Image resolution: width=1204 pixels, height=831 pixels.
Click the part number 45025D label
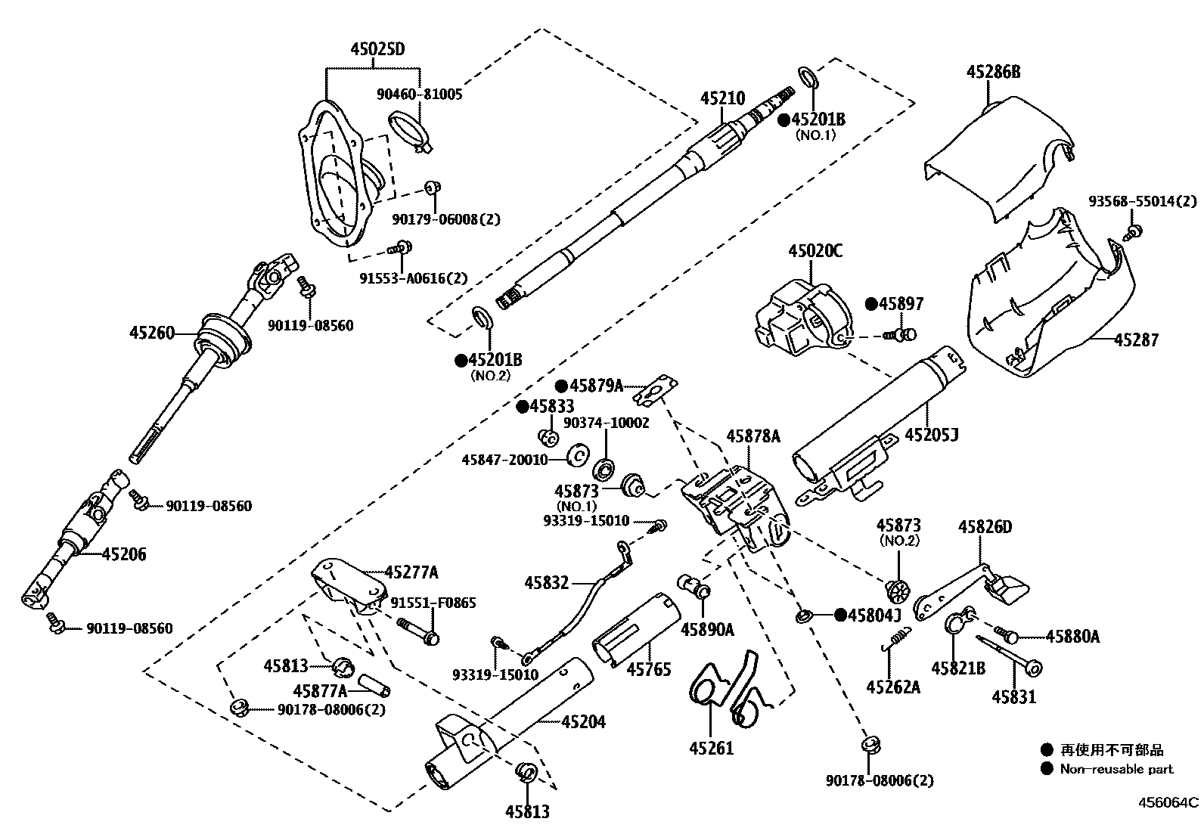[377, 50]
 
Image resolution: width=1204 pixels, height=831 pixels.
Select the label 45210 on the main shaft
[722, 98]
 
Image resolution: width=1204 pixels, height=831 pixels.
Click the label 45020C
[815, 250]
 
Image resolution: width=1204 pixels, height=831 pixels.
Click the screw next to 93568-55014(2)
[1134, 231]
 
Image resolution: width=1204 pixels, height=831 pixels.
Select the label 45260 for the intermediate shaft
[151, 332]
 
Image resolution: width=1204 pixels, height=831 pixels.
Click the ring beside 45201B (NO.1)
[807, 76]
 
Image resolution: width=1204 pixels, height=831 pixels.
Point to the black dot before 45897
[871, 304]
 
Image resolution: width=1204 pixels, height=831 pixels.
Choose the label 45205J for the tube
[932, 436]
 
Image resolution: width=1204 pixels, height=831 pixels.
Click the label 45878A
[752, 436]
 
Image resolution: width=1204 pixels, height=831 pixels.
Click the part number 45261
[711, 749]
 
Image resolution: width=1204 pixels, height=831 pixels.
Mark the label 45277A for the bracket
[411, 572]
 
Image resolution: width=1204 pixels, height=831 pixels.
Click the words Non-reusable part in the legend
[1116, 769]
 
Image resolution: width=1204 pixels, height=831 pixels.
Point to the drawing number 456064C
[1170, 802]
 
